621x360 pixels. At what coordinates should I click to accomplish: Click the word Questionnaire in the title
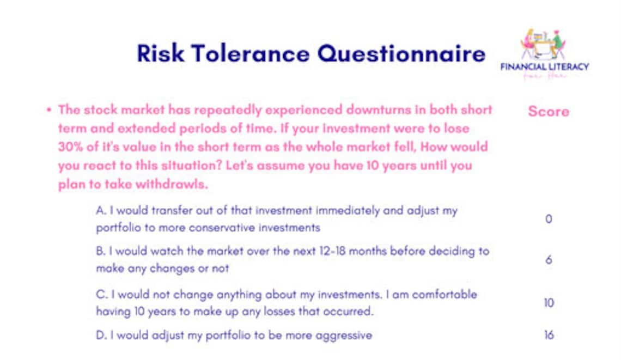[x=401, y=54]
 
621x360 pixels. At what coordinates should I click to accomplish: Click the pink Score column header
[x=548, y=112]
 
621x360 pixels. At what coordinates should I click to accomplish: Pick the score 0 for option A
[x=549, y=219]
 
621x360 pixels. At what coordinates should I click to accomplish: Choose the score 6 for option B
[x=549, y=260]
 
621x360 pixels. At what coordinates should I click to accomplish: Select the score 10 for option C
[x=549, y=303]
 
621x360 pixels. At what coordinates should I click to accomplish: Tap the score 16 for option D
[x=549, y=335]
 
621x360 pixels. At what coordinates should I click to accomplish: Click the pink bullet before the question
[x=49, y=109]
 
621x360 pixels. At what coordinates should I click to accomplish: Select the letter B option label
[x=100, y=252]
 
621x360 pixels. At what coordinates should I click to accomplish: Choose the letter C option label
[x=100, y=295]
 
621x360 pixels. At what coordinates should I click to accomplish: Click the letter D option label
[x=100, y=335]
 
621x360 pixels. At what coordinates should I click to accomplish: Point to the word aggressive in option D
[x=345, y=335]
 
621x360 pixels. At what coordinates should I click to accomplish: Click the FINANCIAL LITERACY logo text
[x=545, y=67]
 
